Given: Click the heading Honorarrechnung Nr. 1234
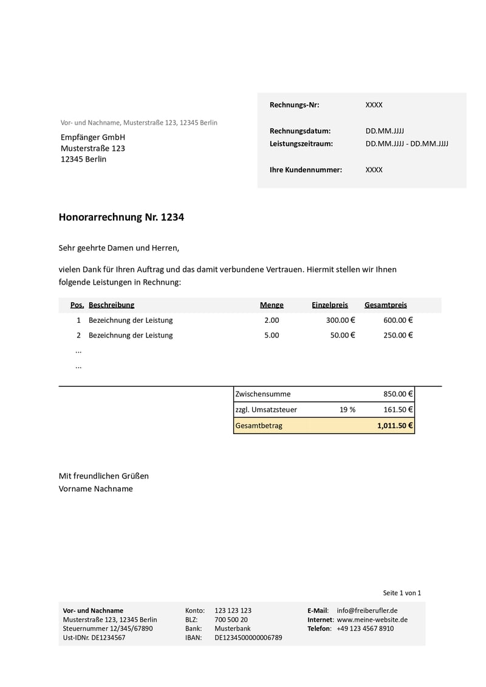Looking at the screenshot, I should click(121, 217).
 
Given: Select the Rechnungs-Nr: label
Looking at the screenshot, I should click(294, 105).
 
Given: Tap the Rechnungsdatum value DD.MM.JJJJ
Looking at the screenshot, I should click(385, 131).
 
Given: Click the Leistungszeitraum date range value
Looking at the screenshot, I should click(406, 144).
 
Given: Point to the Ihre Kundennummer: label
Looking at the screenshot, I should click(306, 170).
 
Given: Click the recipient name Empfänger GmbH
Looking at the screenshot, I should click(93, 137).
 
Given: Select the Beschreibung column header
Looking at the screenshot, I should click(111, 305).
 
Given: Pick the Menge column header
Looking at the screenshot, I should click(272, 305).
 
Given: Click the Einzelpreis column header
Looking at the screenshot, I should click(330, 305).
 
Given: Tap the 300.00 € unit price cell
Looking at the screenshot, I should click(340, 320).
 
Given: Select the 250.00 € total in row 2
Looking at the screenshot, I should click(398, 335).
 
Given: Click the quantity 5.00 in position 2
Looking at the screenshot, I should click(272, 335).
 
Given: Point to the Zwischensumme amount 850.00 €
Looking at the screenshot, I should click(398, 394).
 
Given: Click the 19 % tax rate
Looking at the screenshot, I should click(347, 410).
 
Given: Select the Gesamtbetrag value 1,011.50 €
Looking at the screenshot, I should click(395, 426).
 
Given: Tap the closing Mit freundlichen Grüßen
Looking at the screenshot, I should click(103, 476).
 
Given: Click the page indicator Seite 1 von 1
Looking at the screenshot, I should click(402, 593).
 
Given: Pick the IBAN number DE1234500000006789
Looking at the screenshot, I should click(248, 638).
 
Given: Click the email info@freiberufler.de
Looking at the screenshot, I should click(367, 610).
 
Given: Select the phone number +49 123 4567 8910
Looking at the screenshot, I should click(364, 629).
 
